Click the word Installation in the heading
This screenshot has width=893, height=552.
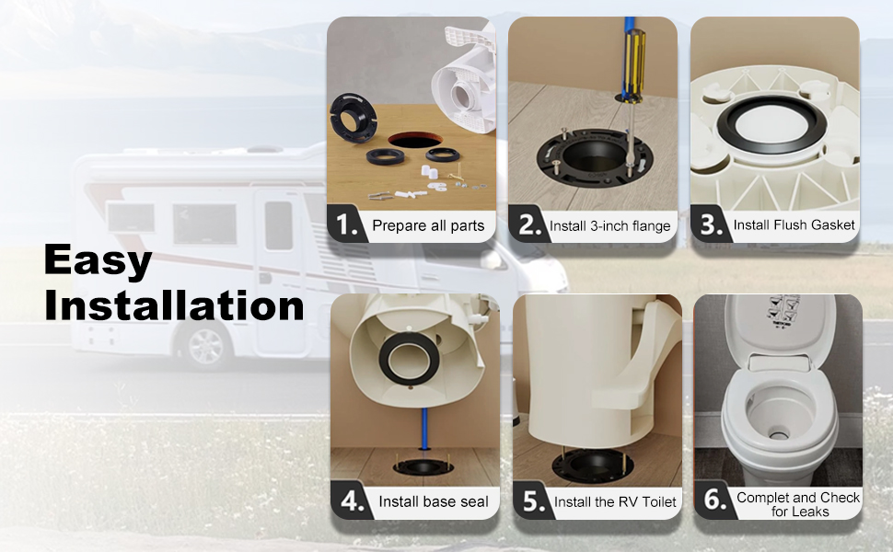(174, 305)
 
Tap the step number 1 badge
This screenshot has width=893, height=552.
(346, 224)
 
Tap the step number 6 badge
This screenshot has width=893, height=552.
(714, 500)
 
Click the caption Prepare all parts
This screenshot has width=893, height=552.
(428, 226)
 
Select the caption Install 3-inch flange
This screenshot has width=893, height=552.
(610, 226)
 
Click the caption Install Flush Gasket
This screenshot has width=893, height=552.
(794, 224)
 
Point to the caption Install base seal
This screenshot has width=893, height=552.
(434, 501)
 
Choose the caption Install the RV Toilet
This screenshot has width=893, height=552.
(615, 502)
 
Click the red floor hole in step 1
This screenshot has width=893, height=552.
(415, 140)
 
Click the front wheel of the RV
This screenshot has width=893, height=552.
(205, 347)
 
